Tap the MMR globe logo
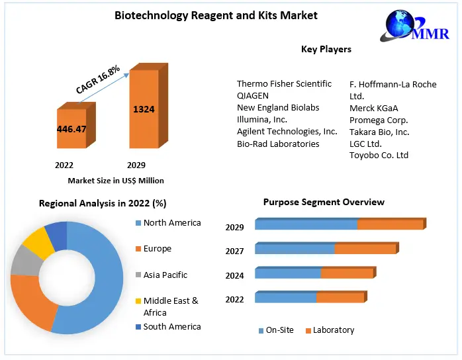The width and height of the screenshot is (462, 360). (x=410, y=30)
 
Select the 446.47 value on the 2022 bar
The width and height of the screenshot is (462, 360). (x=71, y=128)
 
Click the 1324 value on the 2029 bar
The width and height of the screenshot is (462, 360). (x=143, y=109)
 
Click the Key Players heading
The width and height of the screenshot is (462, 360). (x=326, y=49)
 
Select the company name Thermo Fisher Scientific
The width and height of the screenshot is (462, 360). (x=284, y=84)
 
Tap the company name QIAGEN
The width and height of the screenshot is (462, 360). (x=253, y=96)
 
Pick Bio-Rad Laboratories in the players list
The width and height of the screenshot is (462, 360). (x=278, y=144)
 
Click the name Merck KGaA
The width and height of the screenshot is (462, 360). (x=373, y=108)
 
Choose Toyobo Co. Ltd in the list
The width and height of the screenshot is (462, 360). (x=379, y=156)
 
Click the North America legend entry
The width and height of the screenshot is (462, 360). (x=171, y=223)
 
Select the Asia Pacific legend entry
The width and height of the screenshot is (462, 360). (x=165, y=275)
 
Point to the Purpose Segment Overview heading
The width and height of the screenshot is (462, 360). (x=324, y=202)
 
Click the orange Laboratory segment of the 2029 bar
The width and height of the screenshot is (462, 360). (x=389, y=224)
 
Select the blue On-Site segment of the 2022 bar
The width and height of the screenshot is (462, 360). (x=285, y=297)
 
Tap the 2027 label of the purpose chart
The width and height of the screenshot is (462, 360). (x=234, y=251)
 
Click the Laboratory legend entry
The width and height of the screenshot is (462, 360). (x=333, y=330)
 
